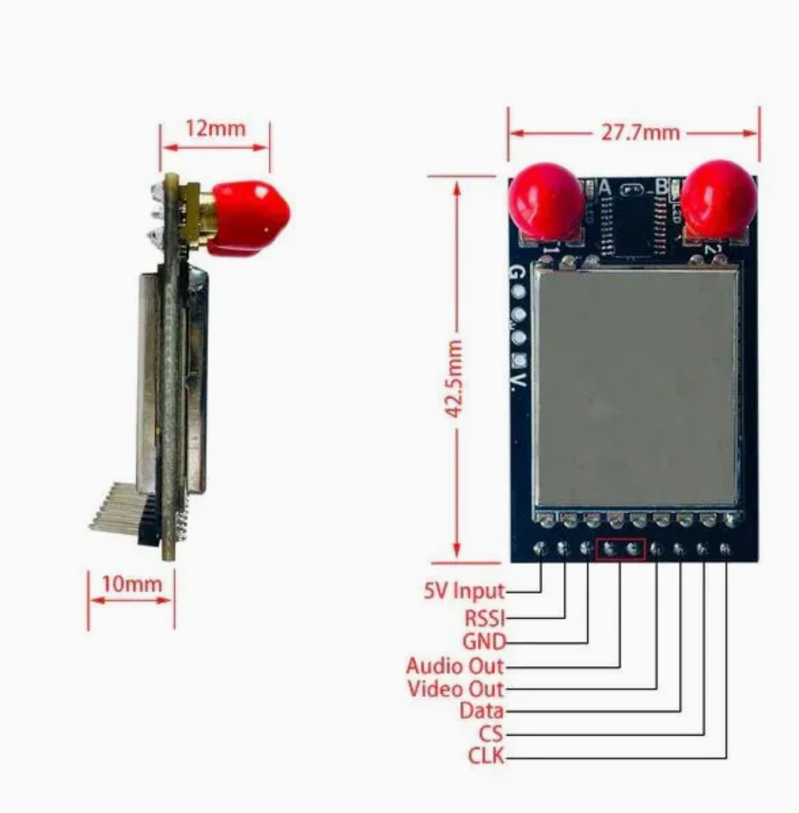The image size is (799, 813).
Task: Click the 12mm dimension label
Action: coord(215,128)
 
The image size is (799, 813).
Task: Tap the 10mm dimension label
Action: coord(131,584)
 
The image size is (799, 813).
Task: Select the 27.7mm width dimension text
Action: coord(640,132)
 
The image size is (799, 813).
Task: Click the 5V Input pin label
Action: coord(464,591)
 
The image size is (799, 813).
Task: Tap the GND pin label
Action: coord(484,643)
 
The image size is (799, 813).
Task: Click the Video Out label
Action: coord(456,689)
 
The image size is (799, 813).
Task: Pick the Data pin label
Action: coord(481,711)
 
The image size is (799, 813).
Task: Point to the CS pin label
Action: coord(490,733)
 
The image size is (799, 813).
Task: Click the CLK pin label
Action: coord(486,755)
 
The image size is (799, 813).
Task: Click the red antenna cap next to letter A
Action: coord(545,201)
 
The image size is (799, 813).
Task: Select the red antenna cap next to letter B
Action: coord(718,198)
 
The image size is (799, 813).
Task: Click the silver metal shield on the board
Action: coord(637,388)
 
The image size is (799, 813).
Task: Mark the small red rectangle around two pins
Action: coord(621,549)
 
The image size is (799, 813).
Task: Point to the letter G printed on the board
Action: coord(517,273)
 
